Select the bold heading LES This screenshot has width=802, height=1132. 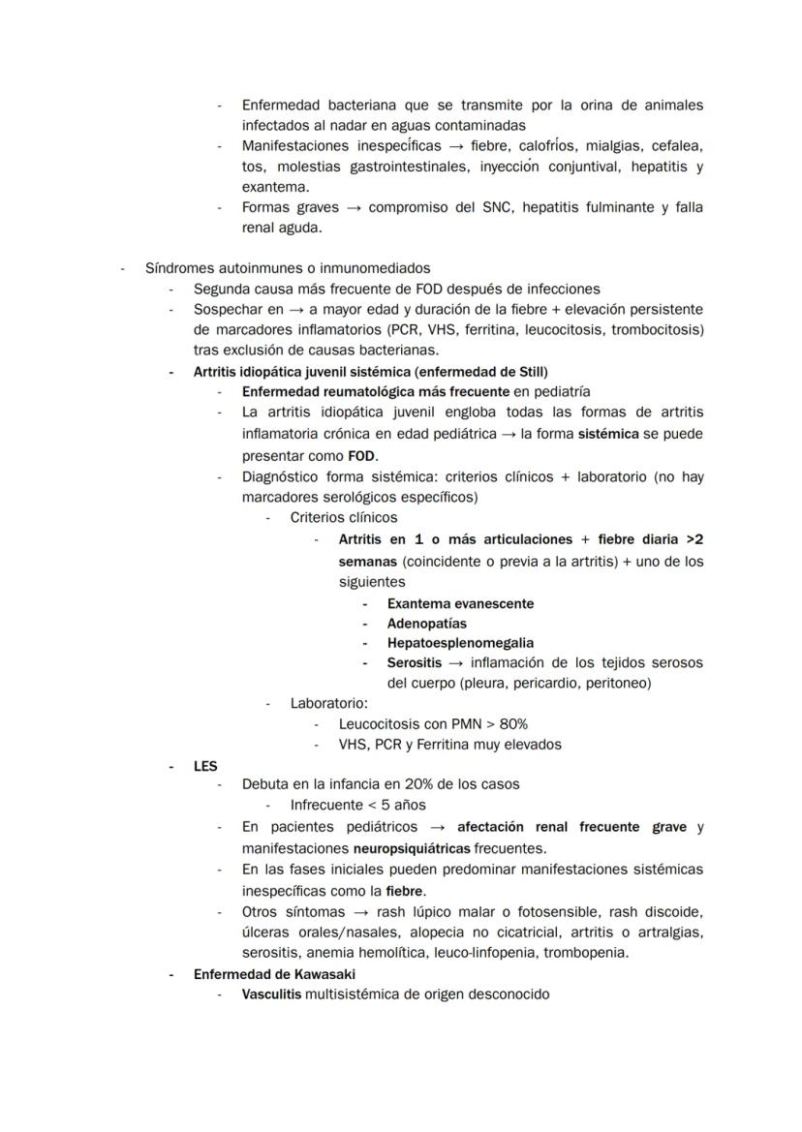(205, 765)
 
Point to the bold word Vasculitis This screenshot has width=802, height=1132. (271, 994)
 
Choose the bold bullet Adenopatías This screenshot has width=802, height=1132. (426, 624)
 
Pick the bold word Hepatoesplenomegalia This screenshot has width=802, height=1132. (460, 643)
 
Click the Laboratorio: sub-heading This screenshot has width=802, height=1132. (328, 703)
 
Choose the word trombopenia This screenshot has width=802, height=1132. (586, 952)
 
